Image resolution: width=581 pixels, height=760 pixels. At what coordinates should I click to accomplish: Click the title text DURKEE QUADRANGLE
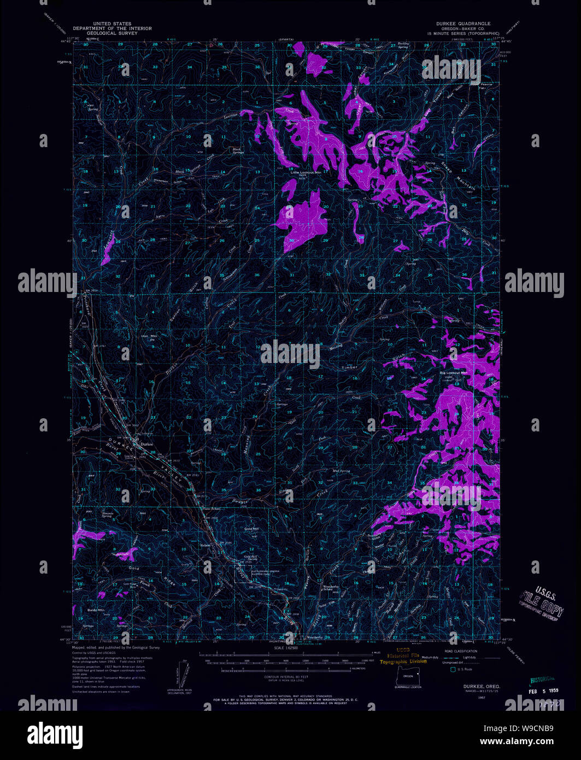(x=463, y=24)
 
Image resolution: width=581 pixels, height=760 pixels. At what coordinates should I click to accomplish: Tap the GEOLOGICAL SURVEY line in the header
(x=112, y=33)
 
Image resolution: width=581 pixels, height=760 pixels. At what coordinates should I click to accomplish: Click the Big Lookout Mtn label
(x=454, y=373)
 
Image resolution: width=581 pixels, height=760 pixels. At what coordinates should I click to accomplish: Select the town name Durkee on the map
(x=146, y=444)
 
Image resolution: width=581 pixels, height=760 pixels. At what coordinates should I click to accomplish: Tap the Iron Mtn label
(x=149, y=336)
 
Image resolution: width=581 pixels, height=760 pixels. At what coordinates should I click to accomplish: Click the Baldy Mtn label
(x=96, y=609)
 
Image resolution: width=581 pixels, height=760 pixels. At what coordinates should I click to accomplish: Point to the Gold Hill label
(x=251, y=529)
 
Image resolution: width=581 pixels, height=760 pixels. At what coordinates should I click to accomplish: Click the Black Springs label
(x=237, y=150)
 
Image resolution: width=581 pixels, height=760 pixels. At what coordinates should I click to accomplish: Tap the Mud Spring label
(x=340, y=471)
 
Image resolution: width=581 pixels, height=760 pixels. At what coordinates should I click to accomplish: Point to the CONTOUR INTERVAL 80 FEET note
(x=285, y=676)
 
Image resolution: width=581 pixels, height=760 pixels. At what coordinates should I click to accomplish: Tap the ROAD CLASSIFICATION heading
(x=461, y=651)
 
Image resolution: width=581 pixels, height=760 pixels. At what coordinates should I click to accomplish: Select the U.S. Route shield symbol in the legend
(x=452, y=669)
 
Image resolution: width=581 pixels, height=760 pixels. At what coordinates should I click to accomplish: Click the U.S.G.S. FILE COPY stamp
(x=541, y=601)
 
